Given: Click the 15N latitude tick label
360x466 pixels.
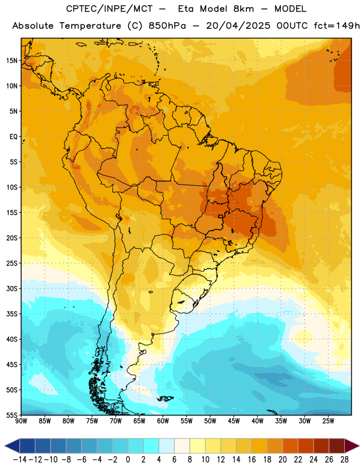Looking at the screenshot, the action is [12, 61].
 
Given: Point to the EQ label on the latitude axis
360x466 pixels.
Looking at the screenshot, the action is [13, 137].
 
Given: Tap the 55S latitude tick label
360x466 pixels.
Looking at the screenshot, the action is [12, 415].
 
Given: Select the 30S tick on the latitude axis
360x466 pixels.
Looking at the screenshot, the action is [12, 288].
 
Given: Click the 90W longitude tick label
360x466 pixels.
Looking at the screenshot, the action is [21, 421].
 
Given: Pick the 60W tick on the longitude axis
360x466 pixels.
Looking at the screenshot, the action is [163, 421].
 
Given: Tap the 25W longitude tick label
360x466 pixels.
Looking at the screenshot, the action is [328, 421].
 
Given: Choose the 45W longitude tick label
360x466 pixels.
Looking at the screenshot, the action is [234, 421].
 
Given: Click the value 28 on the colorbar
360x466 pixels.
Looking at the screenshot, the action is [344, 460].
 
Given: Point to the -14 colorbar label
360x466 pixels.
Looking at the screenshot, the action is [20, 460].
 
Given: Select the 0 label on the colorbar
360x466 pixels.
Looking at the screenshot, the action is [128, 460].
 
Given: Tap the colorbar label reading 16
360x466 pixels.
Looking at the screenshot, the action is [252, 460].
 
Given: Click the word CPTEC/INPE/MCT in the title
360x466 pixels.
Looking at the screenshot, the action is [110, 9].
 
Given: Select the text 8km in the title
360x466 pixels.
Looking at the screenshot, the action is [243, 9].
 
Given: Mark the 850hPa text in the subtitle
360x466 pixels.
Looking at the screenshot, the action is [167, 26].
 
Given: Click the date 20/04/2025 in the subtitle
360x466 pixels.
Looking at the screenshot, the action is [238, 26].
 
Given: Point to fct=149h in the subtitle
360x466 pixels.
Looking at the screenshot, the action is [337, 26].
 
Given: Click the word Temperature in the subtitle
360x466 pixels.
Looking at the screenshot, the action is [90, 26].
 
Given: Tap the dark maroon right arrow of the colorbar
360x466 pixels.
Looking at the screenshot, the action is [352, 446].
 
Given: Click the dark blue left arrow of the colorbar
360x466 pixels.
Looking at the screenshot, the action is [12, 446].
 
